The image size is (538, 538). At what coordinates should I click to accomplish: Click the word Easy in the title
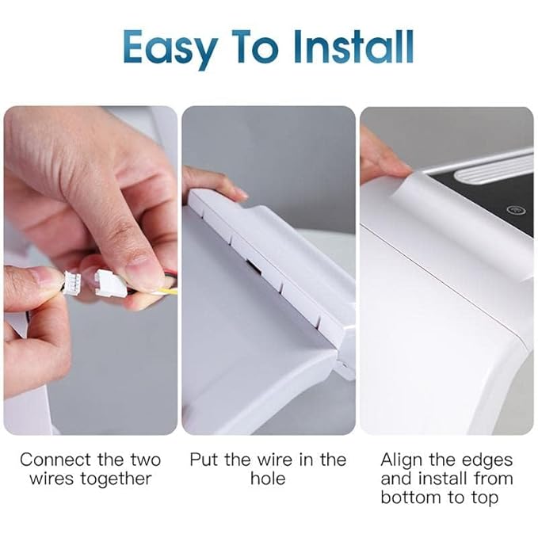click(x=170, y=48)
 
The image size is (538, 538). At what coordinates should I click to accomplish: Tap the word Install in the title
click(x=353, y=46)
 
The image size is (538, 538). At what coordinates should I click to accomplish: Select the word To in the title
click(x=254, y=47)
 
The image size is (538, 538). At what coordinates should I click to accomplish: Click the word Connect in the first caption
click(x=55, y=460)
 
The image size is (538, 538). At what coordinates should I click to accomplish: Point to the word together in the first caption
click(x=116, y=479)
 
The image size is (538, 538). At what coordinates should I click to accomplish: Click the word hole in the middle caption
click(x=268, y=479)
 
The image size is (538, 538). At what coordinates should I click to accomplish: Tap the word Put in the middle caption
click(x=204, y=460)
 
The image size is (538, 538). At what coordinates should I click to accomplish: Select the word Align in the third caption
click(x=402, y=460)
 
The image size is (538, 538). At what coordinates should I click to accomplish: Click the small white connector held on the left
click(x=71, y=282)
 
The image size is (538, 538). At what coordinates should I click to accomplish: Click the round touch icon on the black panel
click(x=513, y=210)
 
